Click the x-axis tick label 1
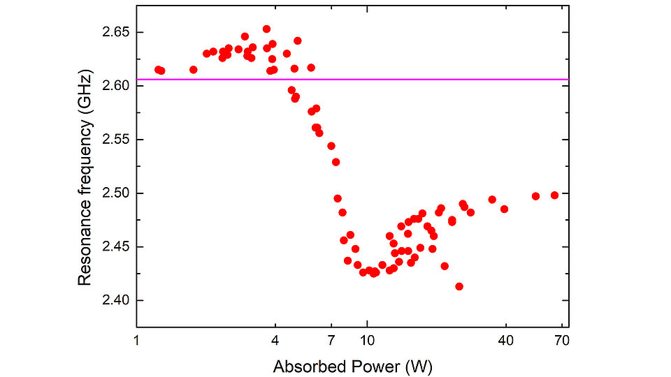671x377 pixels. click(x=137, y=341)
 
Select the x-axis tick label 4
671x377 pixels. click(x=275, y=341)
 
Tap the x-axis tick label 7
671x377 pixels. click(x=331, y=341)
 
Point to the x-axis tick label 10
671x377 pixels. click(x=368, y=341)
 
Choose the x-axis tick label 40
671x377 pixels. click(x=505, y=341)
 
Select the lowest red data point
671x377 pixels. click(x=459, y=286)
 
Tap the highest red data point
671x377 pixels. click(x=266, y=29)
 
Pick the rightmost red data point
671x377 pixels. click(x=555, y=195)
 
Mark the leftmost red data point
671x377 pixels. click(x=158, y=70)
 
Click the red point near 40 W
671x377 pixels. click(x=504, y=209)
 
